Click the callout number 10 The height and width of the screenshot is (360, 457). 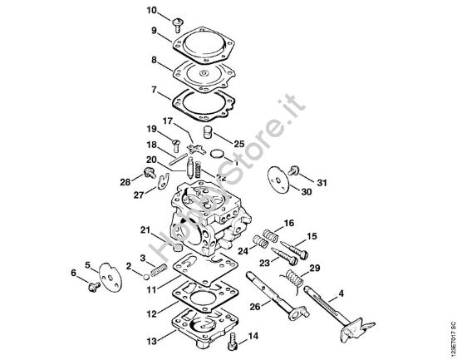click(x=151, y=10)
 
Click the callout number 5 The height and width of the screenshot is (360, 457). click(x=87, y=265)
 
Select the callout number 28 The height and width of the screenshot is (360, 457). click(x=125, y=181)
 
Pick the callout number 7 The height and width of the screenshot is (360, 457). click(x=153, y=88)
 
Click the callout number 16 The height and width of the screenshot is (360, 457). click(x=289, y=223)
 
